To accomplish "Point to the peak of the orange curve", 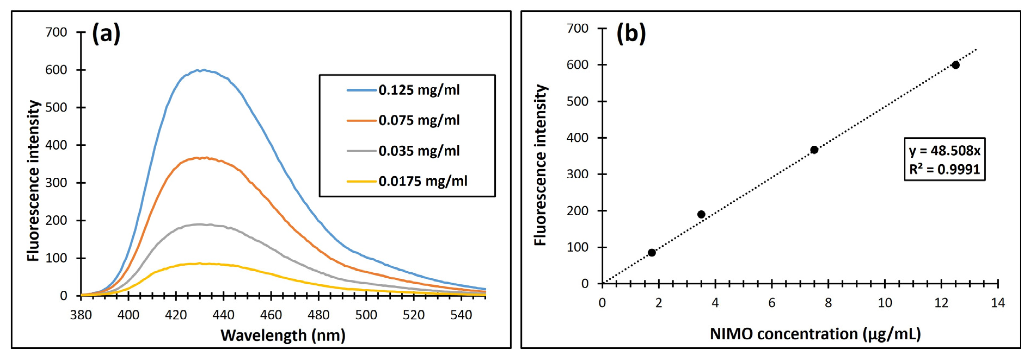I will pos(204,158).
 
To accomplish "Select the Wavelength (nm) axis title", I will pos(283,335).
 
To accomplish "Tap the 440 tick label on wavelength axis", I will pos(223,315).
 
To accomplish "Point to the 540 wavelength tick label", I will pos(461,315).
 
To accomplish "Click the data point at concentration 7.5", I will pos(814,150).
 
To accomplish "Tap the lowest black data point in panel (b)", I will pos(652,252).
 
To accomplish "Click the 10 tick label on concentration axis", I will pos(885,303).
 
